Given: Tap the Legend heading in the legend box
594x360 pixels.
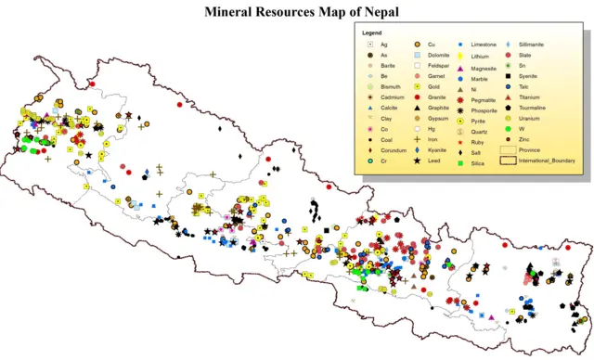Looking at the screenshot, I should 372,33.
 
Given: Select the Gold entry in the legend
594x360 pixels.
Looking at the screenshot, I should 439,85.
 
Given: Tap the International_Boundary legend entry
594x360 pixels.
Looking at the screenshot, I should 551,161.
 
